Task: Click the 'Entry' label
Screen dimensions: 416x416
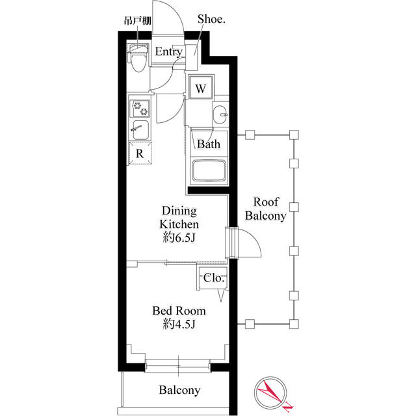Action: click(168, 51)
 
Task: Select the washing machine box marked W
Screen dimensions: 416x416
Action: click(200, 88)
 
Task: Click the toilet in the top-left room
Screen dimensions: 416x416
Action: click(138, 60)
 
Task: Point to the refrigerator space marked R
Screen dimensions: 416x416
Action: click(140, 154)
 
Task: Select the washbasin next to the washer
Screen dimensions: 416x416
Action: click(221, 116)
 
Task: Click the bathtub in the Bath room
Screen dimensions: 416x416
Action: click(209, 170)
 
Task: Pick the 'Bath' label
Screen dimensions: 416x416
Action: click(208, 144)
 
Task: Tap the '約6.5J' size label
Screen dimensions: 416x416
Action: click(179, 238)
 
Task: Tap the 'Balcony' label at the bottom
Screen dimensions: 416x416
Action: click(179, 391)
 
